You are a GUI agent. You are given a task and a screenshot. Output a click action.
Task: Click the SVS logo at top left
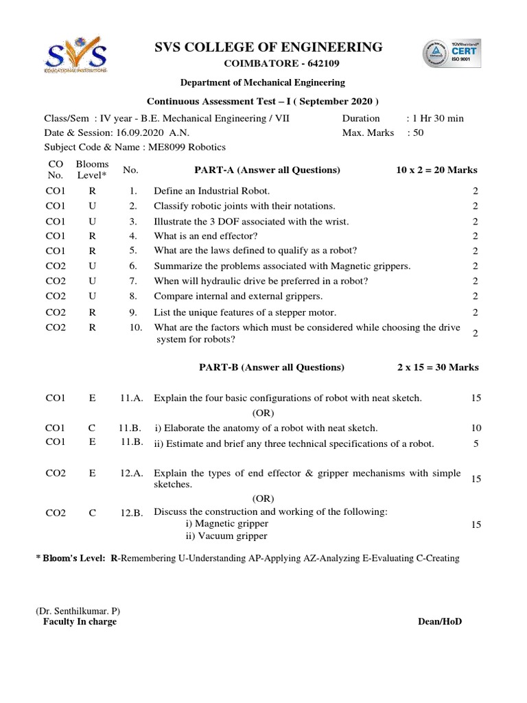(x=75, y=58)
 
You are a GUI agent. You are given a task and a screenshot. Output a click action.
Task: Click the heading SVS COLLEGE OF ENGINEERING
(x=268, y=47)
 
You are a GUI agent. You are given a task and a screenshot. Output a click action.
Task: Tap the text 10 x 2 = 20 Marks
(x=436, y=170)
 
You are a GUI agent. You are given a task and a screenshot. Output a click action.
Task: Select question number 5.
(x=133, y=251)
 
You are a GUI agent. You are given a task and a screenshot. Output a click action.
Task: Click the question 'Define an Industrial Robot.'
(x=211, y=191)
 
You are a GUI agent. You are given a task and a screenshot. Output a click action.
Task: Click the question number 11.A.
(x=131, y=398)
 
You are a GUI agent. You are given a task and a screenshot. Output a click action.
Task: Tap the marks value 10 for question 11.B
(x=476, y=428)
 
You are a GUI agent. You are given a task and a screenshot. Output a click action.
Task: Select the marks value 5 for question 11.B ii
(x=476, y=443)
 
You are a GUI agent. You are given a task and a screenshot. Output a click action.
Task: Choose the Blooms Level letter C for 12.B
(x=92, y=513)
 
